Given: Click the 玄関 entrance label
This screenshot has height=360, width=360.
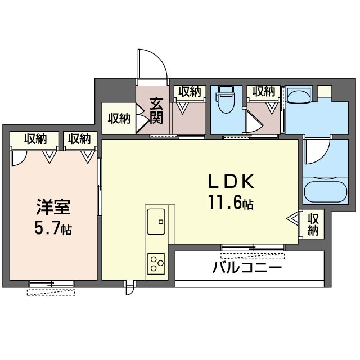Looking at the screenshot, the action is click(156, 111).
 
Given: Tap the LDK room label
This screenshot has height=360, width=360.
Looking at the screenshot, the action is click(231, 181).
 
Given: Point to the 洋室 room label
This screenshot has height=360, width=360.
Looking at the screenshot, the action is click(53, 207).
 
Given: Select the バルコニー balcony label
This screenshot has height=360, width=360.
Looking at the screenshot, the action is click(247, 267).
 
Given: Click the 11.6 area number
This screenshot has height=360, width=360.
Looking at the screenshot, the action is click(225, 201).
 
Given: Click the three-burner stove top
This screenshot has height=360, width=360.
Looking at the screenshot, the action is click(156, 264).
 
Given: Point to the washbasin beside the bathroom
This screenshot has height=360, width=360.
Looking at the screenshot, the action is click(299, 96).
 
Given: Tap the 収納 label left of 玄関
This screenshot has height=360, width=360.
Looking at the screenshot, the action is click(119, 119).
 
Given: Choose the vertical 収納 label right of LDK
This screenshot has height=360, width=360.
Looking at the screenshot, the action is click(313, 224).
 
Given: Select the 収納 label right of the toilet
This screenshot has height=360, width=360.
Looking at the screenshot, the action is click(264, 92).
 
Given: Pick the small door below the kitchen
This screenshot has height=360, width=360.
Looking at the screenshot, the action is click(129, 287).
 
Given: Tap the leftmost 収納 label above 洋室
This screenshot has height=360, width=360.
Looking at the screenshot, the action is click(35, 139).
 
